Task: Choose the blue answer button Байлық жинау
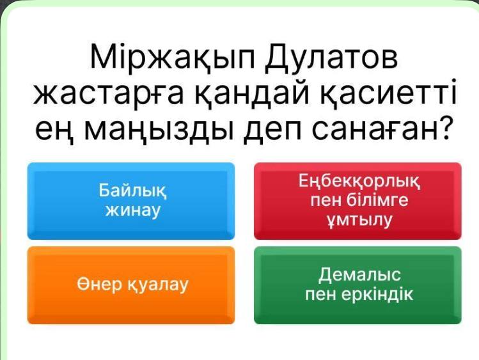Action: (131, 201)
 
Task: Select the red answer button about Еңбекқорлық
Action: (357, 201)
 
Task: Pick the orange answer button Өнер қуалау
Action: (131, 285)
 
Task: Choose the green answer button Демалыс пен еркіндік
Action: (357, 285)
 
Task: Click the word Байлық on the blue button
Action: (133, 191)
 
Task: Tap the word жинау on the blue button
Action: (133, 210)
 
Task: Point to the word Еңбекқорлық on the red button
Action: (359, 182)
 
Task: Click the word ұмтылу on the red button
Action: (359, 220)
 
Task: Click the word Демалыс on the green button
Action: (359, 274)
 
